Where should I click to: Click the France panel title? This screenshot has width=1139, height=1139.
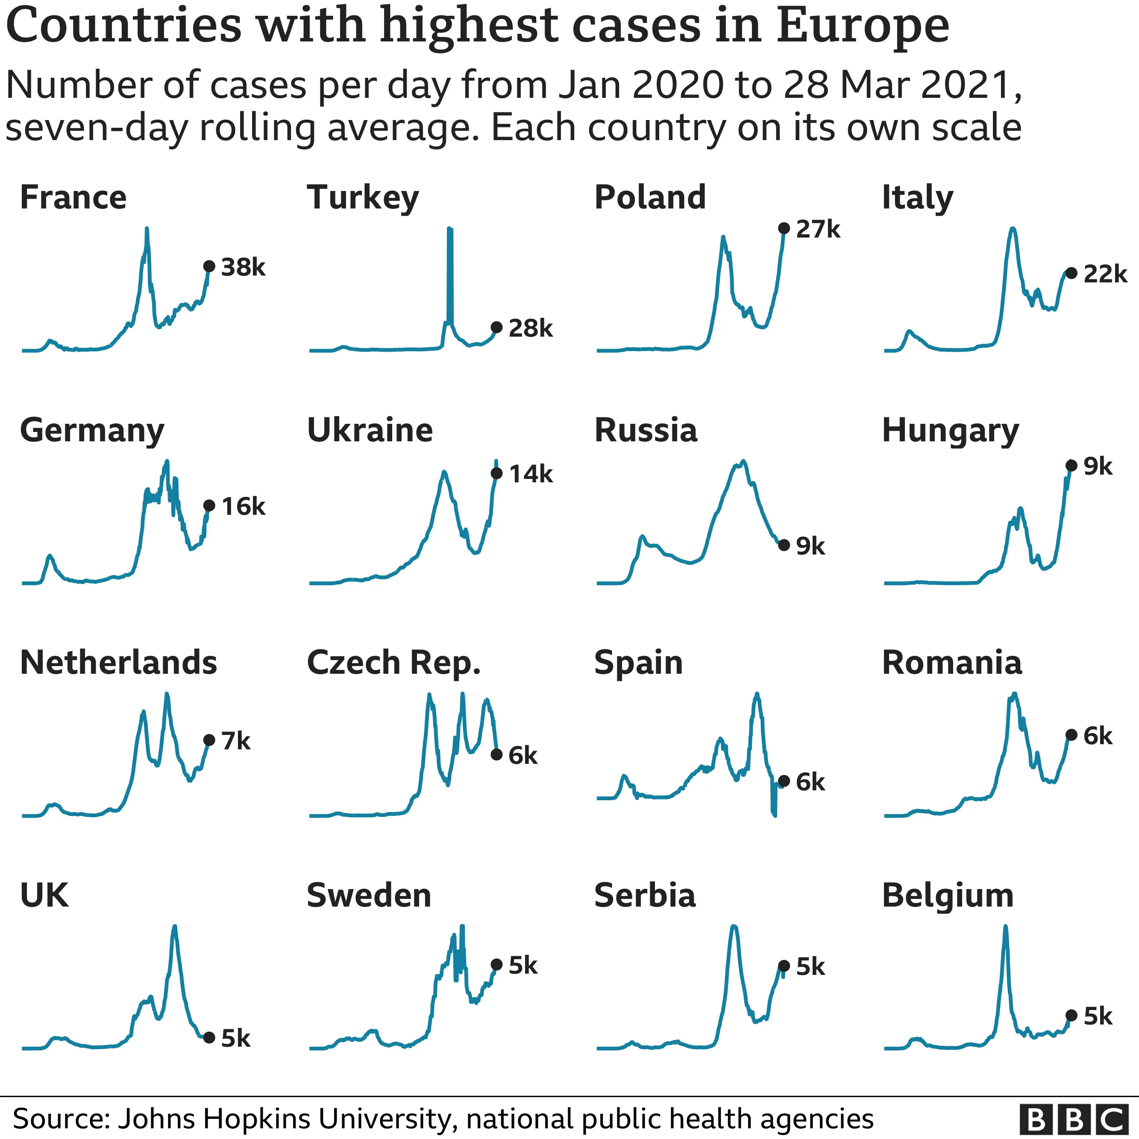coord(73,197)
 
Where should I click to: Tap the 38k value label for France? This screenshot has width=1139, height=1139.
coord(243,267)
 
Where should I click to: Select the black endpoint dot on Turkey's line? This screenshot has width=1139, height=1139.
coord(496,327)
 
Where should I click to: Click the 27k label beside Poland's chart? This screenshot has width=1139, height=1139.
coord(818,229)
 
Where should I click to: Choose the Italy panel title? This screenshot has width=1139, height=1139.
coord(917,197)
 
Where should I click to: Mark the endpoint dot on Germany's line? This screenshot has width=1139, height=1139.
coord(208,506)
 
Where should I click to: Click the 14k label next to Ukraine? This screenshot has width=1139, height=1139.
coord(531,474)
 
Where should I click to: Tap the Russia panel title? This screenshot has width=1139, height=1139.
coord(646,430)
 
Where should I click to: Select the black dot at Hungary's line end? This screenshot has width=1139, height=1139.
coord(1071,466)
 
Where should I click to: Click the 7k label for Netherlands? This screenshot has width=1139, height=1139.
coord(236,741)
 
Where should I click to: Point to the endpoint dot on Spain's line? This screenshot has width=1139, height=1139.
coord(784,782)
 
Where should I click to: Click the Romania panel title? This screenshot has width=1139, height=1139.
coord(951,663)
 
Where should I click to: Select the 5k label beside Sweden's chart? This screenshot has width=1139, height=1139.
coord(523,965)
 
